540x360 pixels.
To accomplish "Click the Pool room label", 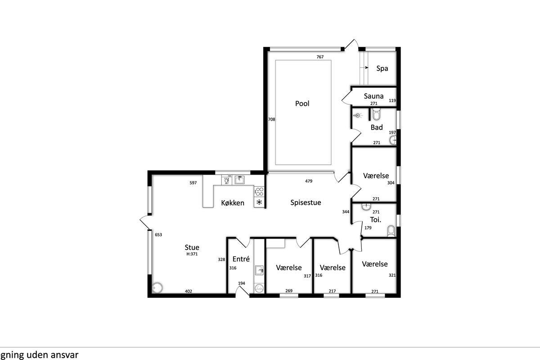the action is pyautogui.click(x=302, y=103).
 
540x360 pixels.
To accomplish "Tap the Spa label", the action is pyautogui.click(x=382, y=68).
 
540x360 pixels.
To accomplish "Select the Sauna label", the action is pyautogui.click(x=373, y=96).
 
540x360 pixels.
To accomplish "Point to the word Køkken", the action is pyautogui.click(x=233, y=203).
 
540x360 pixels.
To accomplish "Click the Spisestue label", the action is pyautogui.click(x=306, y=202).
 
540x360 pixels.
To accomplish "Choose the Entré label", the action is pyautogui.click(x=241, y=259).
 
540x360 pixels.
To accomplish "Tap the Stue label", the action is pyautogui.click(x=192, y=247).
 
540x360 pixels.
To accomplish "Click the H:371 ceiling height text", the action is pyautogui.click(x=192, y=254).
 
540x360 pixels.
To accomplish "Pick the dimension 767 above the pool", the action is pyautogui.click(x=320, y=57).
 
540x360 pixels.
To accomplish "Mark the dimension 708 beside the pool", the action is pyautogui.click(x=271, y=119).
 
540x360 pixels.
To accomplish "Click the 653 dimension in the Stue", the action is pyautogui.click(x=158, y=234).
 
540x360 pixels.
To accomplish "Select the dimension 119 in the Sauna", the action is pyautogui.click(x=392, y=100).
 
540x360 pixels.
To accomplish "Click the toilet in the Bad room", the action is pyautogui.click(x=376, y=114).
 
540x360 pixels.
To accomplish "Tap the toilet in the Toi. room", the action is pyautogui.click(x=391, y=231).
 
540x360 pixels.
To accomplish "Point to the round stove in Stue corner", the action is pyautogui.click(x=157, y=288).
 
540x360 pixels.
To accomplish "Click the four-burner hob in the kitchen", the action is pyautogui.click(x=259, y=192).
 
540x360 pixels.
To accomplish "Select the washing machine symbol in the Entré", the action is pyautogui.click(x=259, y=288).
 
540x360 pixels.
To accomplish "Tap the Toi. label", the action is pyautogui.click(x=376, y=220).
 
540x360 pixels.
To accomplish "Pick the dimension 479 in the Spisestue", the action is pyautogui.click(x=309, y=181).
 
